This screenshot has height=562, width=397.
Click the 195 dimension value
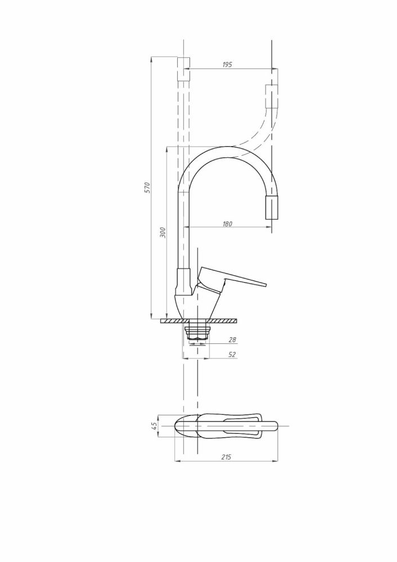pyautogui.click(x=227, y=65)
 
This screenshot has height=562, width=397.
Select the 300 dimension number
pyautogui.click(x=163, y=233)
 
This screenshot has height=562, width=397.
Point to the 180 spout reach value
pyautogui.click(x=227, y=224)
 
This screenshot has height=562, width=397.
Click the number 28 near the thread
pyautogui.click(x=232, y=340)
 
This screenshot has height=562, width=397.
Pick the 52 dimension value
pyautogui.click(x=232, y=355)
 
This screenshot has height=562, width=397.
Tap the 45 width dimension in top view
pyautogui.click(x=154, y=426)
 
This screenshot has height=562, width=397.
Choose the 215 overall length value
pyautogui.click(x=226, y=457)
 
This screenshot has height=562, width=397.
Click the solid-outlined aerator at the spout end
pyautogui.click(x=271, y=208)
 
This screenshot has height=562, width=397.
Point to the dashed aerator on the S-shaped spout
pyautogui.click(x=271, y=97)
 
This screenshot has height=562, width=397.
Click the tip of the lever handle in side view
pyautogui.click(x=266, y=285)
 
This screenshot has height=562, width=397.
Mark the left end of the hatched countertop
pyautogui.click(x=161, y=321)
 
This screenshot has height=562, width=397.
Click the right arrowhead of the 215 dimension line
pyautogui.click(x=276, y=461)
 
